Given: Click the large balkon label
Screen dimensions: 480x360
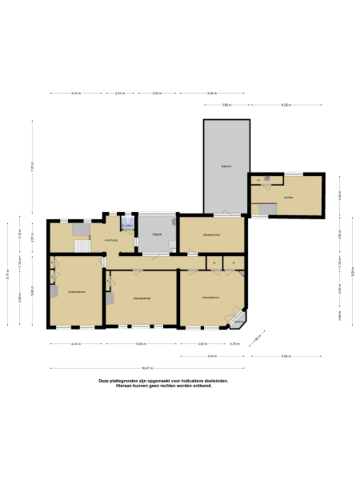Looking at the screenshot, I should (x=226, y=166).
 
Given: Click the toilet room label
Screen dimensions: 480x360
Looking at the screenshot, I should (x=128, y=226).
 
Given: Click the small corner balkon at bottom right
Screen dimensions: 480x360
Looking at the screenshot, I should (x=238, y=322).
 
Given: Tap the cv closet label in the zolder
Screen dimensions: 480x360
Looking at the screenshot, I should (x=258, y=180).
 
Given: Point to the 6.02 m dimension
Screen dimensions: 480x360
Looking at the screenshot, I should (x=286, y=106).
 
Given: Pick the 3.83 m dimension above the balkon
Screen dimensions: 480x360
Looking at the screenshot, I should (x=226, y=106).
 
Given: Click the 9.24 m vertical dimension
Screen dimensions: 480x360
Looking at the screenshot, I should (x=351, y=271).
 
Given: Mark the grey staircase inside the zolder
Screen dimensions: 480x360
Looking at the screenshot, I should (x=267, y=210).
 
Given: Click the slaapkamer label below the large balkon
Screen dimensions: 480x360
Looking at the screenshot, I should (x=211, y=234).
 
